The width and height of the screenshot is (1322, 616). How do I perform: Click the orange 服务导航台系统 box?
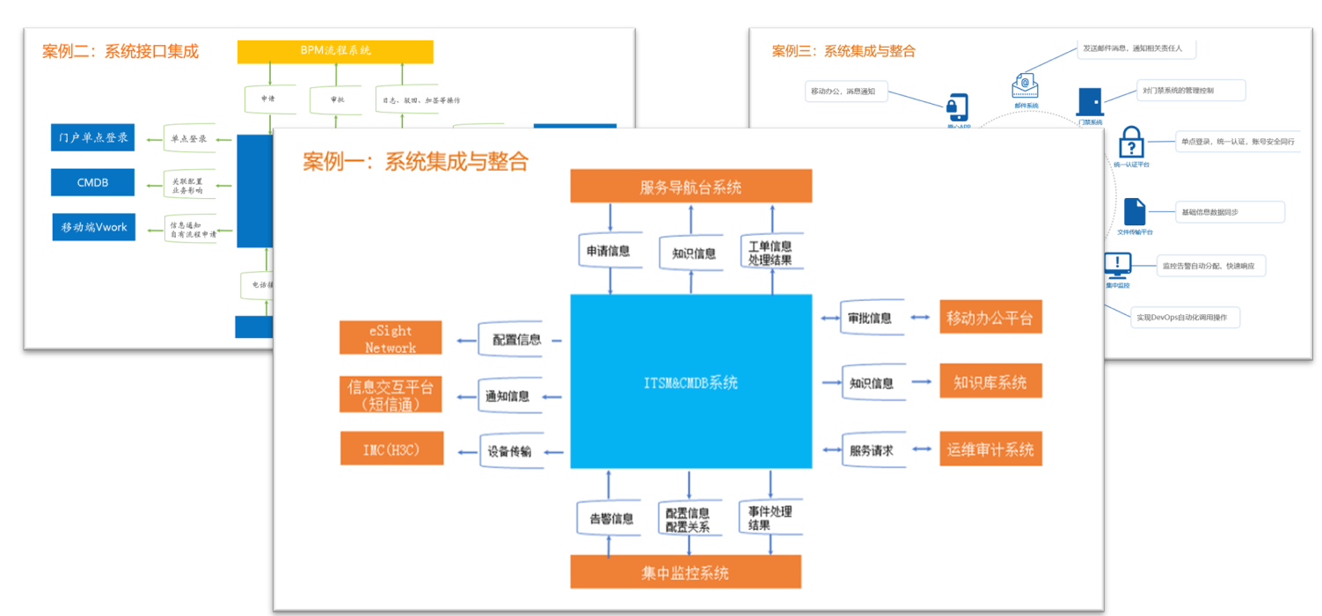[x=690, y=187]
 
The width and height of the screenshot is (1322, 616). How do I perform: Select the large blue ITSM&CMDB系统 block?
[x=690, y=381]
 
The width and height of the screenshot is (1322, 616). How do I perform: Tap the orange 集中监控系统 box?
[x=685, y=572]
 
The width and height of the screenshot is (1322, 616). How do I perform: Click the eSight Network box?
[x=391, y=339]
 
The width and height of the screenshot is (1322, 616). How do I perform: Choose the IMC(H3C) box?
[x=391, y=450]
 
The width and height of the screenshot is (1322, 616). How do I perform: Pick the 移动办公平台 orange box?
[x=990, y=318]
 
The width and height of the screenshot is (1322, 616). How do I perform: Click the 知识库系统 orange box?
[x=990, y=383]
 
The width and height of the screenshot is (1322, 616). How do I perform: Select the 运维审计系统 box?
[x=990, y=449]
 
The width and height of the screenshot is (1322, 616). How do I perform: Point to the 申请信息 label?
[x=609, y=252]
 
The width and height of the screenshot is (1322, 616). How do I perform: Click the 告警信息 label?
[x=610, y=519]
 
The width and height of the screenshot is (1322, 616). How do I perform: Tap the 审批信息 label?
[x=870, y=318]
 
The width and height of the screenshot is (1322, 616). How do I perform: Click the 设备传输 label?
[x=508, y=451]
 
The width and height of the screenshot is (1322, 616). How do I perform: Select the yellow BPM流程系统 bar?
[x=335, y=50]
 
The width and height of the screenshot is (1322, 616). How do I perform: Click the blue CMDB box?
[x=92, y=182]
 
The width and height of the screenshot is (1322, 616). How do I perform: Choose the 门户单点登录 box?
[x=92, y=138]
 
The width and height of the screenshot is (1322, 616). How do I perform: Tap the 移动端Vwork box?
[x=93, y=227]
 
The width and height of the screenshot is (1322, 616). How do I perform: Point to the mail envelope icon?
[x=1025, y=85]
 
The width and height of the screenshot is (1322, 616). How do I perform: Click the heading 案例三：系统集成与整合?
[x=843, y=51]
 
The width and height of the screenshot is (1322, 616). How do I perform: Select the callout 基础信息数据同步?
[x=1230, y=212]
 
